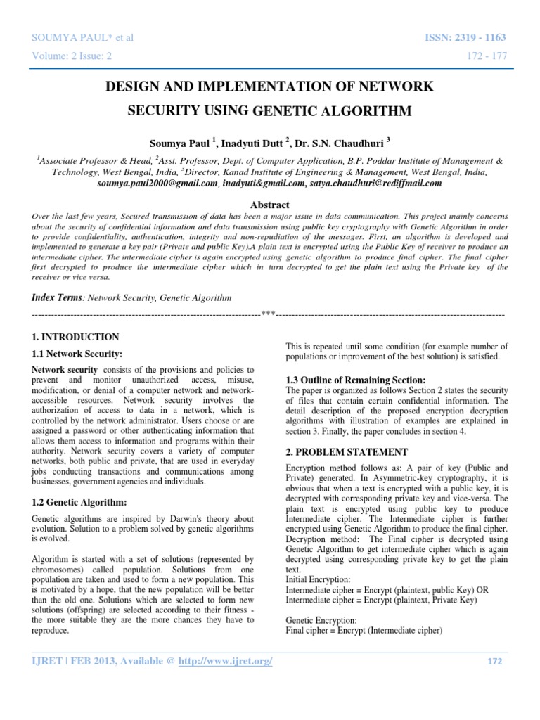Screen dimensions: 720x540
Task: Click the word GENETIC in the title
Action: pos(286,110)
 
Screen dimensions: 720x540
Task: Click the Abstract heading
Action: pos(270,203)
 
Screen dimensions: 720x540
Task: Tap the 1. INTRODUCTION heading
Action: pos(77,337)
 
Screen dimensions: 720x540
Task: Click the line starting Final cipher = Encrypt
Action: pos(364,630)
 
